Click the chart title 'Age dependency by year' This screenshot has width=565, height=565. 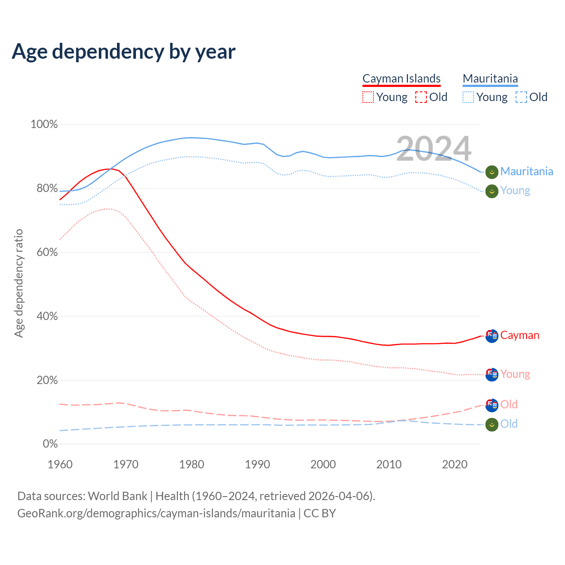pos(124,52)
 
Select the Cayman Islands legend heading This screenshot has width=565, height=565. pos(401,79)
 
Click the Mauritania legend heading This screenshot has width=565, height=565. pos(490,79)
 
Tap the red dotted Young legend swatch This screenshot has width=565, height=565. pos(368,97)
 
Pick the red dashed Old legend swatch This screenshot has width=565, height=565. pos(421,97)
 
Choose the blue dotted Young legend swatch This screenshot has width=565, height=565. pos(468,97)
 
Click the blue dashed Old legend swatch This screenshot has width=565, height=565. pos(521,97)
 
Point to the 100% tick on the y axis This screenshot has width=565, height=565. pos(44,124)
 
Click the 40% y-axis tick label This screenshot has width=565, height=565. pos(47,316)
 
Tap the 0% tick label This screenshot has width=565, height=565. pos(50,444)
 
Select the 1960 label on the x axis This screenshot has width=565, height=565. pos(60,464)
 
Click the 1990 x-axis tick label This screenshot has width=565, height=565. pos(257,464)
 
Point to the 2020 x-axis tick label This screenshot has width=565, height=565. pos(455,464)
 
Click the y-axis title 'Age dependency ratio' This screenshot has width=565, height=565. pos(19,283)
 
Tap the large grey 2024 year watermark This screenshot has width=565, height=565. pos(433,149)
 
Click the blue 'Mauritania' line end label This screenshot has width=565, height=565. pos(527,171)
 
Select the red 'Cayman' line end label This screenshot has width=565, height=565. pos(520,335)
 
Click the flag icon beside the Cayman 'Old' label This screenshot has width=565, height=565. pos(492,405)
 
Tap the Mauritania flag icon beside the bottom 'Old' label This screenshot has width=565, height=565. pos(492,425)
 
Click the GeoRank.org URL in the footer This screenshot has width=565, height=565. pos(156,513)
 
